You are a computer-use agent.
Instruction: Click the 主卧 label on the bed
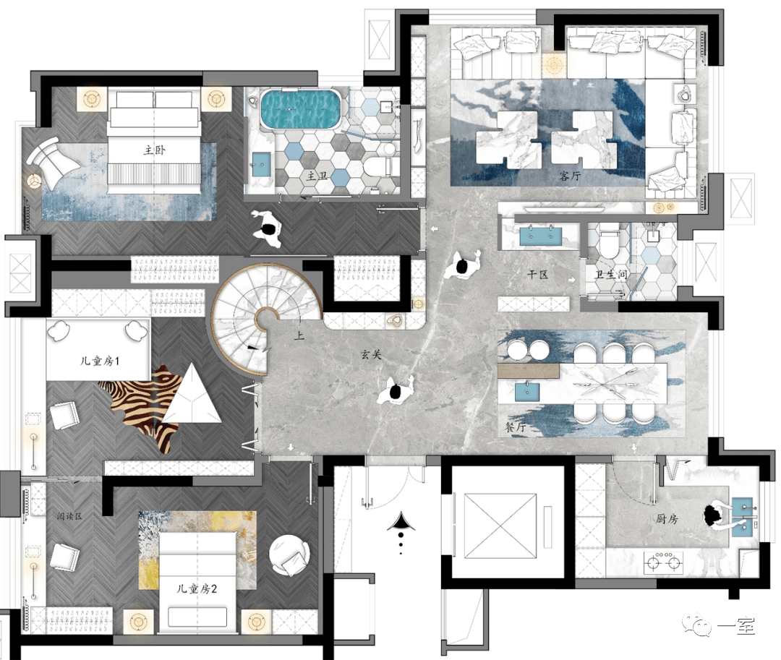click(x=155, y=150)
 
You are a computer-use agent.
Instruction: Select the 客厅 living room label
click(x=570, y=176)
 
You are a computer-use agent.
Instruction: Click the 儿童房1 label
click(x=100, y=361)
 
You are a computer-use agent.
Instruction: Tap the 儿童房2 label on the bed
click(x=197, y=589)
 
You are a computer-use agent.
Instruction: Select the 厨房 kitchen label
click(x=667, y=518)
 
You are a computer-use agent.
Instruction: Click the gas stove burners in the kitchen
click(x=663, y=563)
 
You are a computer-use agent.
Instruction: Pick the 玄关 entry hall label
click(x=372, y=354)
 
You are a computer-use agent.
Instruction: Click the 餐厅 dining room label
click(x=516, y=427)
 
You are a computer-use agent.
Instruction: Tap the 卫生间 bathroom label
click(x=611, y=274)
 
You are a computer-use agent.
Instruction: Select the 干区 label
click(x=538, y=274)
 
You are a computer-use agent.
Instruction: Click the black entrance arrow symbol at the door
click(x=400, y=522)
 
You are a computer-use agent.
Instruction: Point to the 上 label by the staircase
click(x=299, y=335)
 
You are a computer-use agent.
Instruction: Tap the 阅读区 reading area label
click(x=69, y=516)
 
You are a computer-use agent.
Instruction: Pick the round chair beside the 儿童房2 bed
click(x=289, y=555)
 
